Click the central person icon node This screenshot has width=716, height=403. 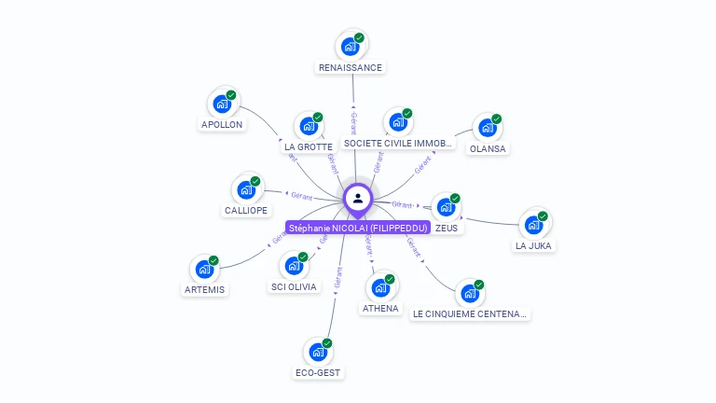pos(358,198)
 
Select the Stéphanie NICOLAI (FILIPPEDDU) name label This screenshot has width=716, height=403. pos(358,228)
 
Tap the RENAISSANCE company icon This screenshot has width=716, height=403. pos(350,46)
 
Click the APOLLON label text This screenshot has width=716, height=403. pos(222,124)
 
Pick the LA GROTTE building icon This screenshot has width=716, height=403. pos(308,126)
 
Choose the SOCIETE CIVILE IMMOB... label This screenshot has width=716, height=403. pos(398,144)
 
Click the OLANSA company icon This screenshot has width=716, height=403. pos(487,128)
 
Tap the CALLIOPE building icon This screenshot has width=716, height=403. pos(246,189)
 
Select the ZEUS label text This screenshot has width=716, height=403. pos(446,228)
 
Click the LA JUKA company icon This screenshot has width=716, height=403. pos(533,225)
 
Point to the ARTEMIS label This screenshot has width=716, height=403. pos(204,289)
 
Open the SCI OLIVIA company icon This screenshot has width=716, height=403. pos(294,266)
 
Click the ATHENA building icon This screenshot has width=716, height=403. pos(380,287)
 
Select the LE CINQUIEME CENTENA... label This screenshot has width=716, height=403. pos(470,314)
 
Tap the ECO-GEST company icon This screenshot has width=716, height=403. pos(318,352)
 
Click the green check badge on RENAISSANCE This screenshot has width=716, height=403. pos(359,38)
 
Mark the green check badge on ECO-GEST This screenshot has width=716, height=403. pos(327,343)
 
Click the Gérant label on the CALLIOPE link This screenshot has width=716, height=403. pos(301,196)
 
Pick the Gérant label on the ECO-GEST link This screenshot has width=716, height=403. pos(338,279)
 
